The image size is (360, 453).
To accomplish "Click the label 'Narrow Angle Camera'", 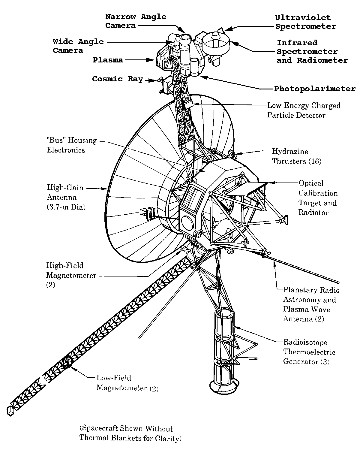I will pos(136,21).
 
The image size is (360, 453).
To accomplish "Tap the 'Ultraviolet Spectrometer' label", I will pos(305,22).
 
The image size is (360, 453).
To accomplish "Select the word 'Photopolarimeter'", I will pos(315,89).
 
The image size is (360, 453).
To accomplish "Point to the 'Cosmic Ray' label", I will pos(117,79).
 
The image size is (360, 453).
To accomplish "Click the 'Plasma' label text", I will pos(108,60).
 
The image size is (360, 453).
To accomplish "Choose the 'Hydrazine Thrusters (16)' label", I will pos(296,156).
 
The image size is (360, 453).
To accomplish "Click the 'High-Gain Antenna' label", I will pos(66,197).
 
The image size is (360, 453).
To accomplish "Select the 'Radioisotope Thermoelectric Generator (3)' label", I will pos(309,352).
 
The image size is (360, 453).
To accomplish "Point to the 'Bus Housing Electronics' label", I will pos(72,145).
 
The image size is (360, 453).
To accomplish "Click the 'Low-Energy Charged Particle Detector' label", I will pos(304,110).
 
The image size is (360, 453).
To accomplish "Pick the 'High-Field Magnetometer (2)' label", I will pos(71,275).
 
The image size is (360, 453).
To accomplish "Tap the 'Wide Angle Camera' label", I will pos(78,46).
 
